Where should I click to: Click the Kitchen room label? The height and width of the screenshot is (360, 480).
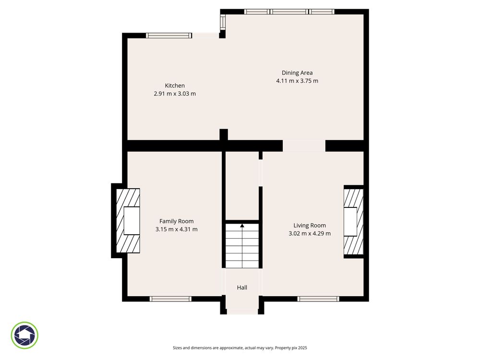(x=175, y=86)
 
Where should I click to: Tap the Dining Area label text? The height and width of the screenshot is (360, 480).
(x=297, y=73)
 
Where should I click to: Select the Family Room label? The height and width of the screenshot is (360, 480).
(x=176, y=221)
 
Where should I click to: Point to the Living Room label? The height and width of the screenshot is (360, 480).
(x=310, y=226)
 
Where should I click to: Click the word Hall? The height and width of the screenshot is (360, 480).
(x=242, y=288)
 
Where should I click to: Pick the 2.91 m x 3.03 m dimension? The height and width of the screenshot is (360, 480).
(x=175, y=94)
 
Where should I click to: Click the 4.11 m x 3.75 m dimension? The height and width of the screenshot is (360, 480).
(x=297, y=81)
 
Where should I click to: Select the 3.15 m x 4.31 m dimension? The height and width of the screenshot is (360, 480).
(x=176, y=229)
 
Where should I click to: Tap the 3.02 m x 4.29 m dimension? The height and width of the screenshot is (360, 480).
(x=310, y=234)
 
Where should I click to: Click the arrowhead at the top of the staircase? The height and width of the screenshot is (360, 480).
(x=242, y=226)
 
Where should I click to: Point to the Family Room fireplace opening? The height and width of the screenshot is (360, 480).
(x=132, y=221)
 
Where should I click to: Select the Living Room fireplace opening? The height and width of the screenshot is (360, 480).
(x=350, y=222)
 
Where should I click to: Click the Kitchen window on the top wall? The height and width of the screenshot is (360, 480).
(x=169, y=36)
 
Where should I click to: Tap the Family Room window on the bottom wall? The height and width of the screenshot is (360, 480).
(x=170, y=299)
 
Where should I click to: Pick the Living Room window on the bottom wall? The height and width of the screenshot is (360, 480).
(x=318, y=299)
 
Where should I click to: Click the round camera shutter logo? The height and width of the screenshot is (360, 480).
(x=24, y=335)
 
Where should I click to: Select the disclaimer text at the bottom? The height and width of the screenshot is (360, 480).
(x=240, y=348)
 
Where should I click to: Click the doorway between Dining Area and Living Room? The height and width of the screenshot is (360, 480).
(x=304, y=146)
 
